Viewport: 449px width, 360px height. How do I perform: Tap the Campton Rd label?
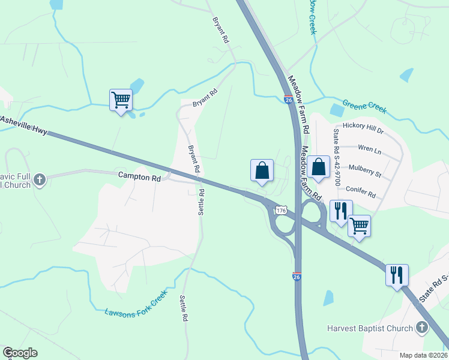(140, 178)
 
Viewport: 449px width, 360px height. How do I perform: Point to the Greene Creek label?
(364, 107)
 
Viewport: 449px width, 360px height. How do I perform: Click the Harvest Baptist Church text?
(370, 328)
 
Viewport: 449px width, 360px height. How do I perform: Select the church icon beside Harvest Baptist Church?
(422, 328)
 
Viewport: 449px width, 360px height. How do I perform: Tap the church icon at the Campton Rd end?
(40, 179)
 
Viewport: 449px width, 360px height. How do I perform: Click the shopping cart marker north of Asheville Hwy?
(121, 100)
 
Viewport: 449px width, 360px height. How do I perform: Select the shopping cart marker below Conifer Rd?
(359, 226)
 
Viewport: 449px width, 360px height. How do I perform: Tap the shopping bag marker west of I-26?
(262, 170)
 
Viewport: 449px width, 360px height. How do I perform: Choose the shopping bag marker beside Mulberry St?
(319, 166)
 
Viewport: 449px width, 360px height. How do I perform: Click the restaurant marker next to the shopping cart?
(339, 211)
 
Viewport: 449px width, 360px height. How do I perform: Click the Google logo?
(20, 353)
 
